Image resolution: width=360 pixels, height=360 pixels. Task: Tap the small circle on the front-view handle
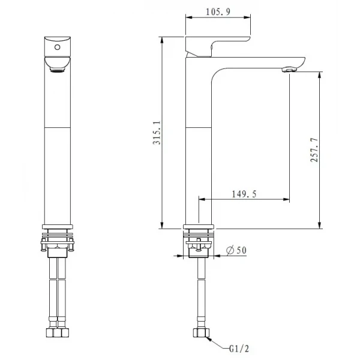pyautogui.click(x=58, y=45)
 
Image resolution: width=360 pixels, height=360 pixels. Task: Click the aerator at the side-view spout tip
pyautogui.click(x=289, y=70)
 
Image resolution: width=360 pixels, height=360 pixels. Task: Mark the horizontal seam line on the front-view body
pyautogui.click(x=58, y=128)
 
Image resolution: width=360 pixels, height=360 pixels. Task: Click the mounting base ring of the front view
pyautogui.click(x=58, y=227)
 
